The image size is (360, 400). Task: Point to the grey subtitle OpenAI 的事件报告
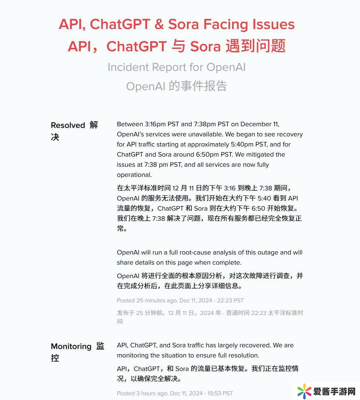click(x=176, y=86)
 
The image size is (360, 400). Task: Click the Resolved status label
click(x=68, y=125)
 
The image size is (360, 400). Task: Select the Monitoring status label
click(x=71, y=346)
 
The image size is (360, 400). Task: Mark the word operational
click(x=134, y=175)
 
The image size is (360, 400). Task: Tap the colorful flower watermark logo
click(x=304, y=392)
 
